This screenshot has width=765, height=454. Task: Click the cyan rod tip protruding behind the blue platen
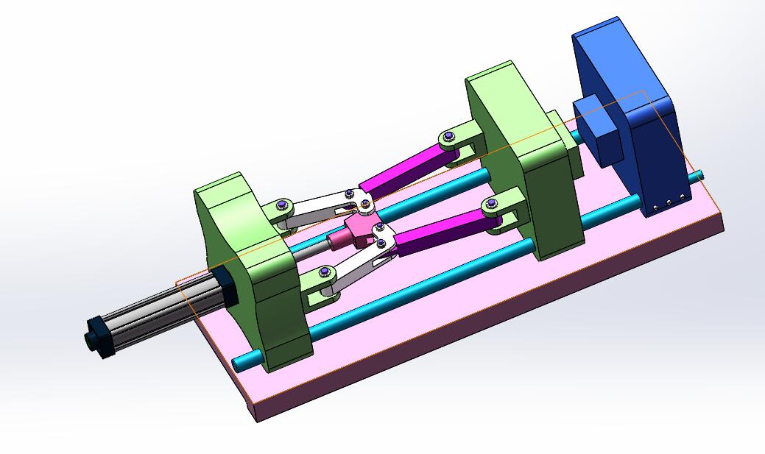[698, 176]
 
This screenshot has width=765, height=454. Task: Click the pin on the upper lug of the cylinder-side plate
[281, 205]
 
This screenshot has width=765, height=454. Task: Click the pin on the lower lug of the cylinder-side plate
[325, 274]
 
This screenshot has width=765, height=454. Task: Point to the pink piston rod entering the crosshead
[339, 240]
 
